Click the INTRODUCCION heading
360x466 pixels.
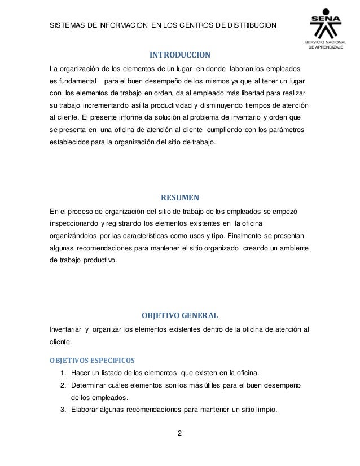179,55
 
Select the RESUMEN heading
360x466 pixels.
180,197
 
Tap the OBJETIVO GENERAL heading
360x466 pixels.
180,314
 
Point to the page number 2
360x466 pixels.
179,433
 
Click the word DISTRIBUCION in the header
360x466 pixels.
244,25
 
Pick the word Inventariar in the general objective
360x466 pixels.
65,329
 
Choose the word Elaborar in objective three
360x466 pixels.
84,410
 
